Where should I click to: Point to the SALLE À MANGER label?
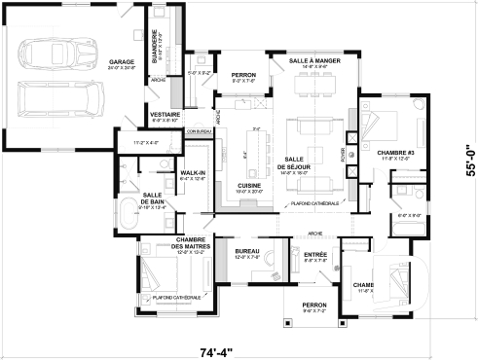314,60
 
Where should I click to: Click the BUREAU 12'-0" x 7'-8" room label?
247,251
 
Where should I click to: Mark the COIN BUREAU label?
199,130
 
